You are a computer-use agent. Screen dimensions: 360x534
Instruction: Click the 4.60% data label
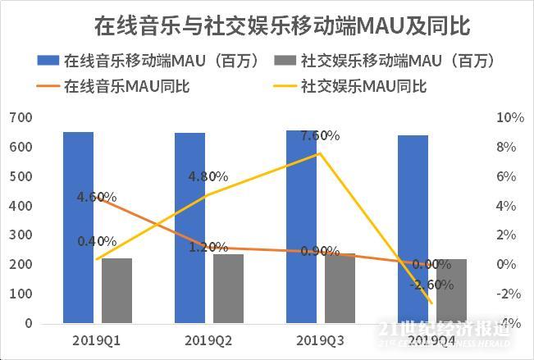point(96,197)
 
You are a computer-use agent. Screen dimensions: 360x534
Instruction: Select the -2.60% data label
point(432,285)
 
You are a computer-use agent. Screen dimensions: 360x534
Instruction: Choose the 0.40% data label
point(96,241)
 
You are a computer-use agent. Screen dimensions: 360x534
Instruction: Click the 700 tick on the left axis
point(22,118)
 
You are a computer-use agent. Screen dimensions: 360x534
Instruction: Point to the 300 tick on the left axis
point(22,235)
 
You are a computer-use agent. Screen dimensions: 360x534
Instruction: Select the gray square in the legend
point(285,61)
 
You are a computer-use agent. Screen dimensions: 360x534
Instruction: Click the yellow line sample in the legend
point(285,85)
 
